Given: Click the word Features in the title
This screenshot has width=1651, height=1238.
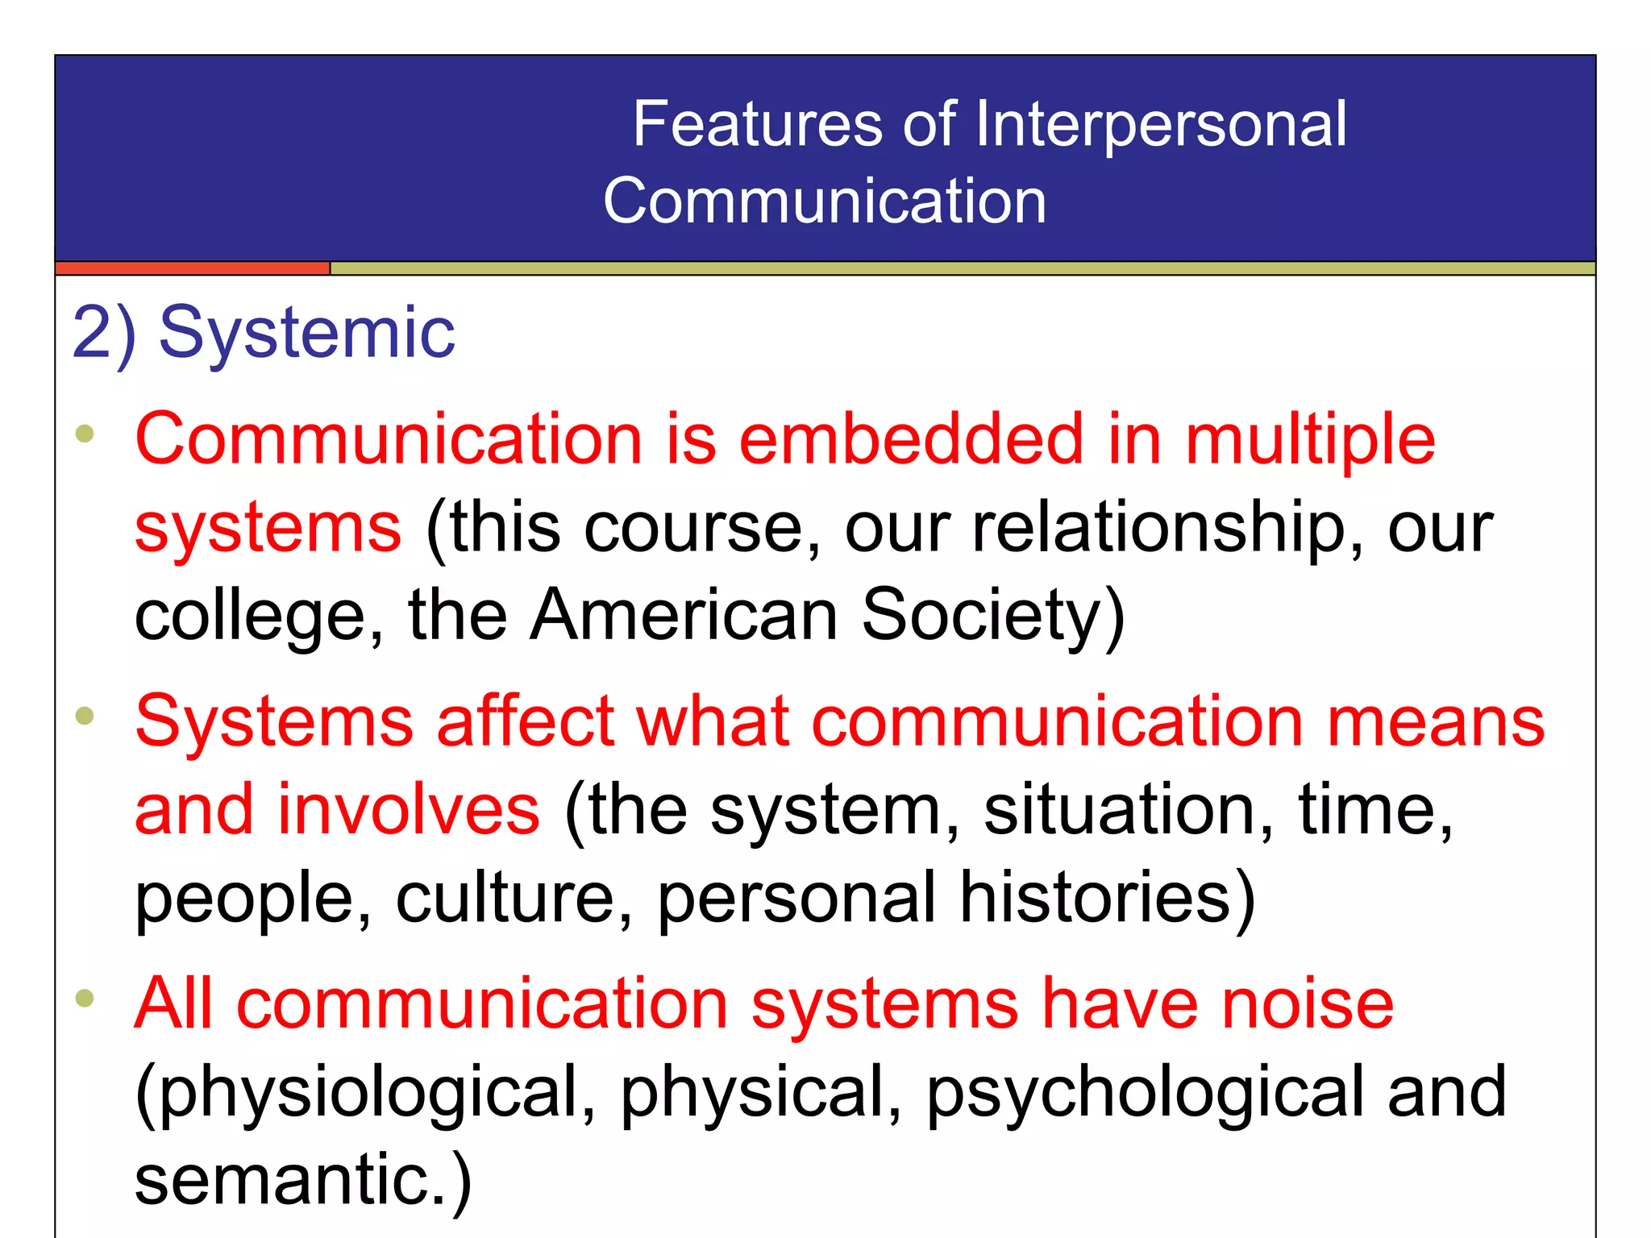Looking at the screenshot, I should click(757, 124).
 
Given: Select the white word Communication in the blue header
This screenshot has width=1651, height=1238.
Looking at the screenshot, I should click(824, 201).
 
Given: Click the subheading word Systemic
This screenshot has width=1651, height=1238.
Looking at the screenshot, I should click(307, 332).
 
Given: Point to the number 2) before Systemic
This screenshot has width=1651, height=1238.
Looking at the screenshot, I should click(104, 332).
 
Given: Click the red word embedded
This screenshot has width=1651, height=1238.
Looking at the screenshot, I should click(911, 439).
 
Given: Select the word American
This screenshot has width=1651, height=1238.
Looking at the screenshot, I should click(684, 616).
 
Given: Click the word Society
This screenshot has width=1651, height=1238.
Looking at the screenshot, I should click(992, 616).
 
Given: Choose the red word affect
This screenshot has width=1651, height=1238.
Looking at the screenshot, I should click(526, 721).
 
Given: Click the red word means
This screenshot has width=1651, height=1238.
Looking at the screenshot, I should click(1436, 721).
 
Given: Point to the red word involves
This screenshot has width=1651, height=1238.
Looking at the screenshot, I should click(409, 809).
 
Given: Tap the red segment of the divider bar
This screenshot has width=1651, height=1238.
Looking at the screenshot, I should click(193, 268).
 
